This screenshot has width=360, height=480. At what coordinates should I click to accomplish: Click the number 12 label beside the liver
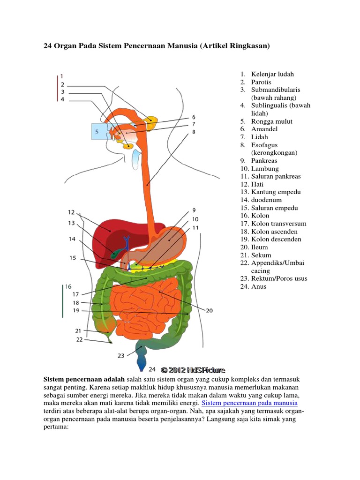tap(71, 212)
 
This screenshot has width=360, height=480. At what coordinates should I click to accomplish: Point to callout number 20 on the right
tap(209, 310)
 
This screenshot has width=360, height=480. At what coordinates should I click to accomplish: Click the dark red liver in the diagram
tap(108, 232)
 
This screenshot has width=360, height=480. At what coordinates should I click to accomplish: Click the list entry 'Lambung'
tap(264, 168)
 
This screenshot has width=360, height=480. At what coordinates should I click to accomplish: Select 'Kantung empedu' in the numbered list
tap(276, 192)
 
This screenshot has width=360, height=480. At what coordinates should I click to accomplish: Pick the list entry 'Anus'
tap(258, 286)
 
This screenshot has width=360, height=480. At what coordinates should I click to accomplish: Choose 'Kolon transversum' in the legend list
tap(278, 224)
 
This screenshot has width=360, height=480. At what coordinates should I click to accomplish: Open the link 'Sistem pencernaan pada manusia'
tap(249, 403)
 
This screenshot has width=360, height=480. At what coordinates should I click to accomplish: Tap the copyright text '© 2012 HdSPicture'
tap(193, 370)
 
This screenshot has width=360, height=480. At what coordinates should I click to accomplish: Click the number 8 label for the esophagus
tap(193, 133)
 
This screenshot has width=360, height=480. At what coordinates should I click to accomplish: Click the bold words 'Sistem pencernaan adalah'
tap(84, 379)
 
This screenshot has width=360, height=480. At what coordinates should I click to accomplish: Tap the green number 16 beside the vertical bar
tap(68, 286)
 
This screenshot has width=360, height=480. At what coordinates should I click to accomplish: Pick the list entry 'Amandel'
tap(264, 129)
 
